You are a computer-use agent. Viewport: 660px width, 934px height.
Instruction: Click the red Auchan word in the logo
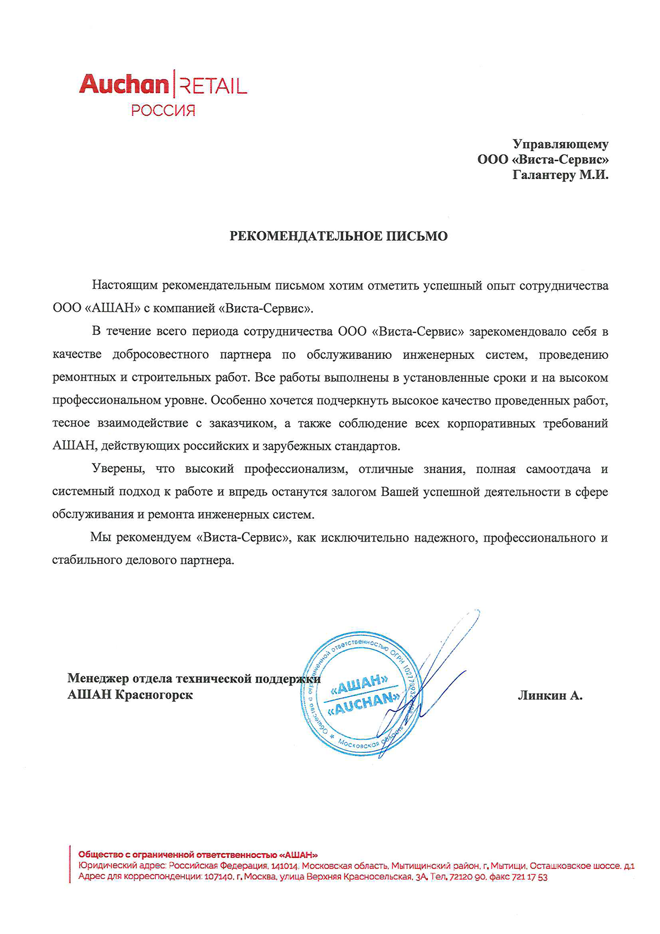click(x=123, y=85)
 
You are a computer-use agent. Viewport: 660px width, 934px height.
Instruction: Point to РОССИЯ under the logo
click(x=163, y=111)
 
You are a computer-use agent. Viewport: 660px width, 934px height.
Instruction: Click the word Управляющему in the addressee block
click(x=560, y=144)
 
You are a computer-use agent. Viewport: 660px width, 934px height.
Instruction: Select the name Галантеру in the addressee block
click(x=543, y=175)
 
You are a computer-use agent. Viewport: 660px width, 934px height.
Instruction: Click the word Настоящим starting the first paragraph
click(x=125, y=285)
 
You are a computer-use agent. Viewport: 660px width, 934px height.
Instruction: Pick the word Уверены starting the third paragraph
click(x=118, y=469)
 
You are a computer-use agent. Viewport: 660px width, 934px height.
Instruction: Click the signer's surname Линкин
click(x=542, y=695)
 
